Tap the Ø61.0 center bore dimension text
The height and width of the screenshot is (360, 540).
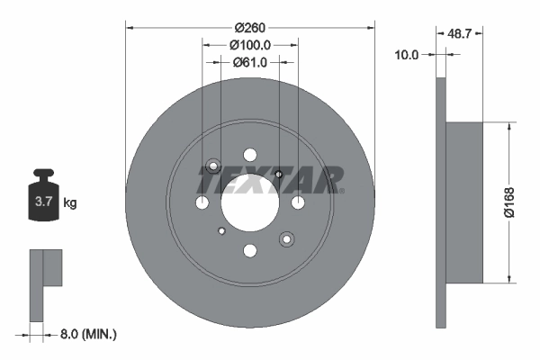[x=249, y=62]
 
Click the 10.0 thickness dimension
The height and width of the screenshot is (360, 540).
[x=408, y=55]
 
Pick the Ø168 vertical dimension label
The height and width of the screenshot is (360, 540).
[x=509, y=203]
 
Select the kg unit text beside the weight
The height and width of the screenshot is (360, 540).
[x=70, y=203]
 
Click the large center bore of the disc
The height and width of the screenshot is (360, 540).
[x=249, y=202]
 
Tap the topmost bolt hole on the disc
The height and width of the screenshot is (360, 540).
[x=279, y=174]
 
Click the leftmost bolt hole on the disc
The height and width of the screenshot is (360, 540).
[x=202, y=203]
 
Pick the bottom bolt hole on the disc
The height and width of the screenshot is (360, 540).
[x=250, y=250]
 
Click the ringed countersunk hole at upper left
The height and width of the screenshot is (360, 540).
[x=214, y=166]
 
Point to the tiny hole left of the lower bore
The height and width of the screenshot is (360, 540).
[x=220, y=231]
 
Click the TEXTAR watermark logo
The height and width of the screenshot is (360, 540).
[x=270, y=179]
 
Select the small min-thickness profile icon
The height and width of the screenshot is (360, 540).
[x=47, y=283]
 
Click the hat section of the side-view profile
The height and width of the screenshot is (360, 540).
[x=464, y=202]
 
